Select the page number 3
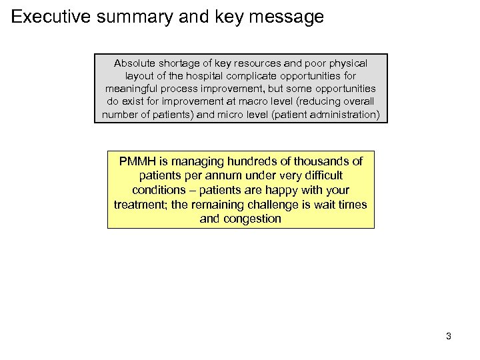[449, 336]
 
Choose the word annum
[230, 175]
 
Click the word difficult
[319, 175]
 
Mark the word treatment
[140, 205]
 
